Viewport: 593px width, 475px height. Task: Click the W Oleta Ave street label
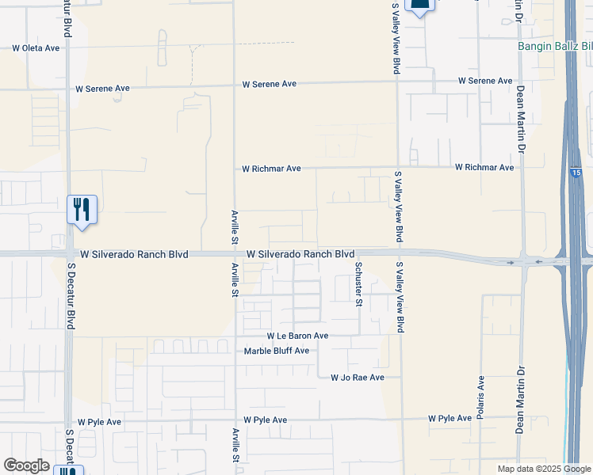pyautogui.click(x=36, y=48)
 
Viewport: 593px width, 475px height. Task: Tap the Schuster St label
pyautogui.click(x=359, y=284)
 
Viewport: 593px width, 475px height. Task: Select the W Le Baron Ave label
pyautogui.click(x=297, y=336)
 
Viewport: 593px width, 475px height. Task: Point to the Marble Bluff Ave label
pyautogui.click(x=276, y=351)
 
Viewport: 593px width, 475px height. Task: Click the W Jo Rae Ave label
pyautogui.click(x=358, y=378)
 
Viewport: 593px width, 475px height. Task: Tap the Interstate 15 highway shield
pyautogui.click(x=574, y=172)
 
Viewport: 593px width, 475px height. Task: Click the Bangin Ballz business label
pyautogui.click(x=554, y=47)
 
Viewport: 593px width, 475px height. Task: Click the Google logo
pyautogui.click(x=27, y=465)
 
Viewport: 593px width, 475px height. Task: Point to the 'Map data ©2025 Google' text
pyautogui.click(x=543, y=469)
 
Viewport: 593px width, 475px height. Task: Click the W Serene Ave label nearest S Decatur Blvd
pyautogui.click(x=102, y=89)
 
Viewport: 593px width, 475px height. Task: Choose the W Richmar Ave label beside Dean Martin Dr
pyautogui.click(x=484, y=168)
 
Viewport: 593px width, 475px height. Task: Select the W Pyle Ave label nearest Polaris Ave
pyautogui.click(x=450, y=418)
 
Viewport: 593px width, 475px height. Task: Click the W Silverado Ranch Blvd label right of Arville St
pyautogui.click(x=300, y=254)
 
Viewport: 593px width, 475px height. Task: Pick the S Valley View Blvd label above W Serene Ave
pyautogui.click(x=396, y=40)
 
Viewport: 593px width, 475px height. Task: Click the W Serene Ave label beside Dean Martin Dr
pyautogui.click(x=486, y=81)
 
